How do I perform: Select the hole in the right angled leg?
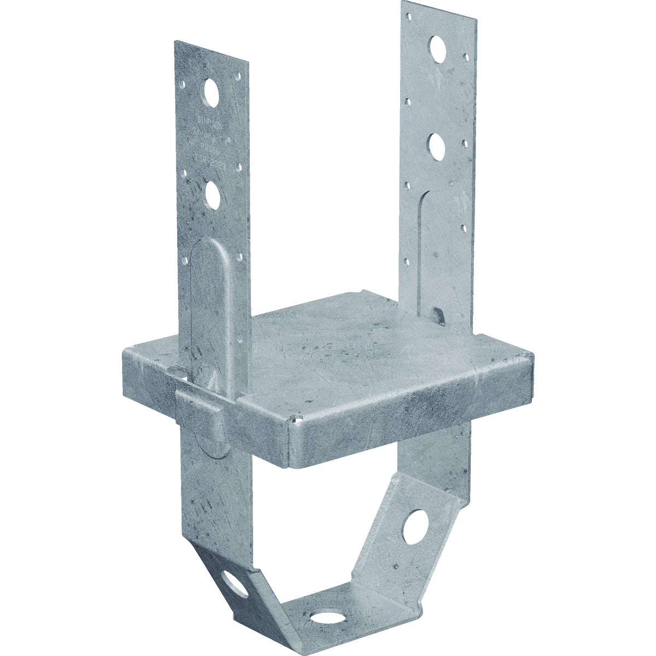point(415,527)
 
